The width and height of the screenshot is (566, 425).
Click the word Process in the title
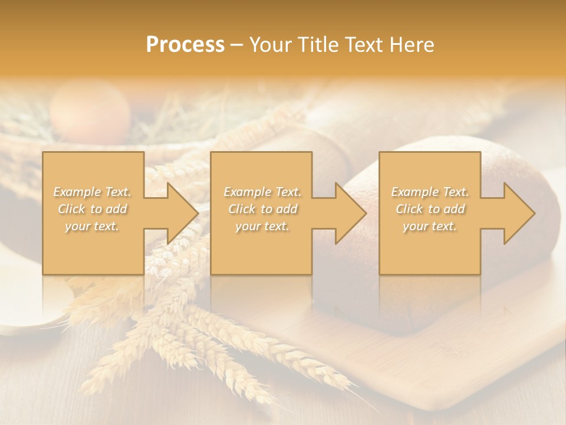(x=185, y=45)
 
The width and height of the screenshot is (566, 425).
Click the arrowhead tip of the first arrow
(x=198, y=213)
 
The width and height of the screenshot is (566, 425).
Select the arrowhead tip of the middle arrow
(x=366, y=213)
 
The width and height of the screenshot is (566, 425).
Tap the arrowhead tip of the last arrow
(x=535, y=213)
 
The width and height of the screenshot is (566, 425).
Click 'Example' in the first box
(x=77, y=192)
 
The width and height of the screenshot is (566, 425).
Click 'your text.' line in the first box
(x=92, y=226)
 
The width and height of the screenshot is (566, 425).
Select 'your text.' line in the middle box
(x=262, y=226)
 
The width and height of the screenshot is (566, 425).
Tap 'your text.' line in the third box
(x=430, y=226)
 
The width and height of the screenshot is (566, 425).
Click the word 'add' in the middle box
(x=285, y=209)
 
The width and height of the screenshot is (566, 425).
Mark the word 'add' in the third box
(x=453, y=209)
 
